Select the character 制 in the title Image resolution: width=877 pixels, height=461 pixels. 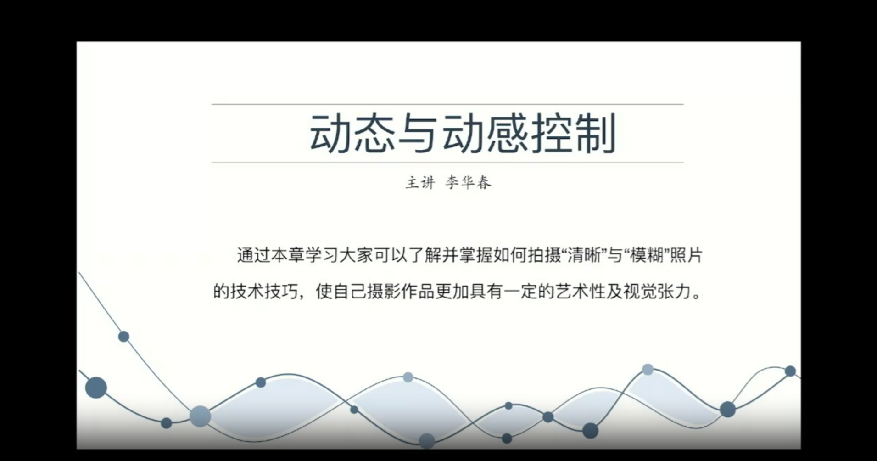595,133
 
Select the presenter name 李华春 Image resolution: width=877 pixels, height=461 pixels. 468,183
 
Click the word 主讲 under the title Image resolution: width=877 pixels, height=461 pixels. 420,183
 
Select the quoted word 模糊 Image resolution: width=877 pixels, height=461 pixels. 648,256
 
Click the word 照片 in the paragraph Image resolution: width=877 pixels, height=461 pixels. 686,256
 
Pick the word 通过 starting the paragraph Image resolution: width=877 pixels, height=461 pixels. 253,256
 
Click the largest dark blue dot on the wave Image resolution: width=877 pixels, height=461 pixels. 96,388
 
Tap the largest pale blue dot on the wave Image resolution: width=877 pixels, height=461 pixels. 200,416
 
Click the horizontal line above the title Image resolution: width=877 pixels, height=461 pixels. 447,104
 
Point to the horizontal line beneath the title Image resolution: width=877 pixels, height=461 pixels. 447,163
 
